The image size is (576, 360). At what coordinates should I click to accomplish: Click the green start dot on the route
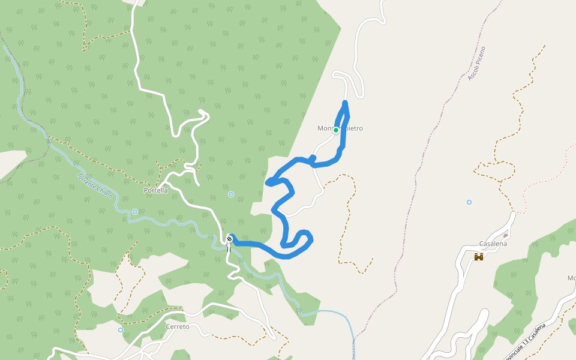click(336, 130)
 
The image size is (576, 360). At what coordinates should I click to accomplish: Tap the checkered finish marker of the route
click(229, 239)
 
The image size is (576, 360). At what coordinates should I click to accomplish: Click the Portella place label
click(155, 190)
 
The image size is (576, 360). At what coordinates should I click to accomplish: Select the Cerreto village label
click(177, 327)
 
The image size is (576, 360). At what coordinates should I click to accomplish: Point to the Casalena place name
click(493, 244)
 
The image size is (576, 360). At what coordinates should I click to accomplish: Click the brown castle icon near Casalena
click(479, 257)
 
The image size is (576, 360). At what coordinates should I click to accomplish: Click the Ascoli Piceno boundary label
click(476, 63)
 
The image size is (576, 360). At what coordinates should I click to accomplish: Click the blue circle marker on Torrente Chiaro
click(135, 212)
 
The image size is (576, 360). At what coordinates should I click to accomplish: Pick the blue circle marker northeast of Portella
click(231, 194)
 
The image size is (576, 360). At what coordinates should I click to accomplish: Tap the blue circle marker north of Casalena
click(469, 202)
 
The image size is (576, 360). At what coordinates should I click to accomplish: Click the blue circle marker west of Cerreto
click(121, 330)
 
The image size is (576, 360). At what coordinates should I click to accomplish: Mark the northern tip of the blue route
click(345, 103)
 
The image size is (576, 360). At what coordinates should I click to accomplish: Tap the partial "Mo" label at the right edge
click(571, 278)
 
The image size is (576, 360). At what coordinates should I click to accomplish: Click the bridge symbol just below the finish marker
click(229, 248)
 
